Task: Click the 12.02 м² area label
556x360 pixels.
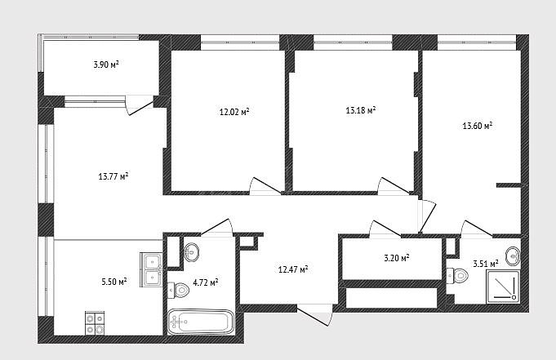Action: click(x=234, y=112)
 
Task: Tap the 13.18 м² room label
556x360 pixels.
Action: click(x=361, y=110)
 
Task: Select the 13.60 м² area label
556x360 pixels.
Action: click(x=478, y=126)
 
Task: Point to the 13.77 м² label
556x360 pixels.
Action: click(x=113, y=176)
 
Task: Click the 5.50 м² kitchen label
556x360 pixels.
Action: click(x=114, y=282)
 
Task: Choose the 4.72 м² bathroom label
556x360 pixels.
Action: click(x=205, y=282)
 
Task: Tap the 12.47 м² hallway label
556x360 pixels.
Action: click(x=293, y=269)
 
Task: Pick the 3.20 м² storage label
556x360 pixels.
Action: click(x=397, y=258)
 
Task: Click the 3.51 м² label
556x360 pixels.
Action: click(x=486, y=264)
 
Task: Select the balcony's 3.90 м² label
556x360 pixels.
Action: click(x=105, y=64)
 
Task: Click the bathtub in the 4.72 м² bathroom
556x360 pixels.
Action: click(x=201, y=322)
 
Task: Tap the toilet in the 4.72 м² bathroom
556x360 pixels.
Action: click(x=178, y=291)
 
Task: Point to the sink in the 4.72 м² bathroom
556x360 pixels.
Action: click(x=192, y=251)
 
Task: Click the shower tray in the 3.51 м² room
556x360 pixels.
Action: click(x=504, y=287)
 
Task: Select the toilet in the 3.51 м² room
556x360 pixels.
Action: click(x=457, y=275)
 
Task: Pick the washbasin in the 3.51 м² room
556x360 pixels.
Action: click(x=513, y=256)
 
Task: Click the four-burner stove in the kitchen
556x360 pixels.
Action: click(x=95, y=322)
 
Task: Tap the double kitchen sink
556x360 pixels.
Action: click(x=151, y=269)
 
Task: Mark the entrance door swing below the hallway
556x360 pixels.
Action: click(x=315, y=314)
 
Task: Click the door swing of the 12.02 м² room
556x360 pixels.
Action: click(x=265, y=185)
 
